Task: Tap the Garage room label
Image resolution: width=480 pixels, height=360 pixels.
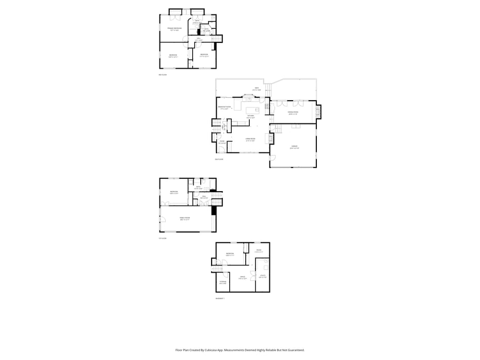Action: (295, 147)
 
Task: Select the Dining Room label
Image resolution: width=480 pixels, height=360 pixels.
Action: (293, 113)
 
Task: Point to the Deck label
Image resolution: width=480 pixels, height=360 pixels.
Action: (257, 89)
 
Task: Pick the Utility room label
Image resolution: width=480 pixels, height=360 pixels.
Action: (262, 276)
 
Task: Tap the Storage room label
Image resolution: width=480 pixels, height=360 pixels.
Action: (223, 282)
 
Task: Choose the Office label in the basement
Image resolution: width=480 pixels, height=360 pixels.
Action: (242, 277)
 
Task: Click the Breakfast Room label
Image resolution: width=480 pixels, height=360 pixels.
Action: (224, 107)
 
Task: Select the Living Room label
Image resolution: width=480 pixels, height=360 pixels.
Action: (251, 139)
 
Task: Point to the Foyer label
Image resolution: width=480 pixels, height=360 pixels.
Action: (222, 142)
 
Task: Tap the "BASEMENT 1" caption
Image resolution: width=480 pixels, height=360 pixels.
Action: (220, 299)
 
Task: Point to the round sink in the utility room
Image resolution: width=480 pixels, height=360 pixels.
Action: (266, 261)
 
